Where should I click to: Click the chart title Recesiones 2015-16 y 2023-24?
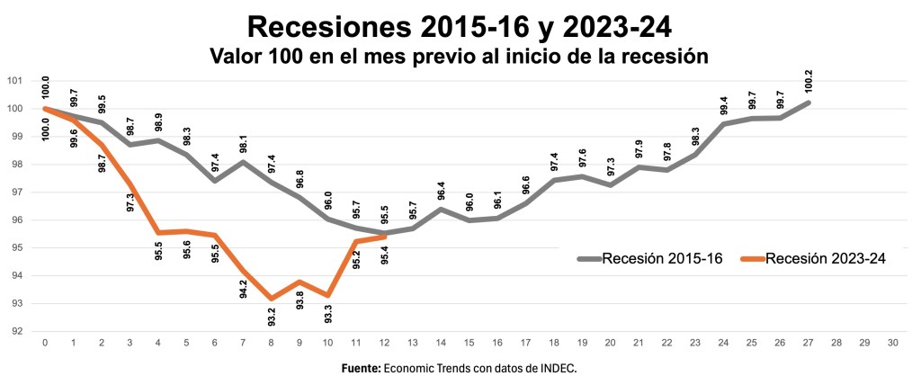coord(459,25)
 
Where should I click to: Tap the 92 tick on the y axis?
coord(15,331)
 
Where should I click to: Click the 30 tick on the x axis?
coord(891,343)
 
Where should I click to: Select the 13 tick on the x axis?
coord(412,343)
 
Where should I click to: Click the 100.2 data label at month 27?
coord(808,80)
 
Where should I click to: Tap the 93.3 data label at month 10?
coord(328,316)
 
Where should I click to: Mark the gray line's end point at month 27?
coord(808,103)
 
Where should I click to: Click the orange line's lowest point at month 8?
coord(271,298)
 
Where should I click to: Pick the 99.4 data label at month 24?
coord(724,103)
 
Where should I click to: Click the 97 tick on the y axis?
coord(15,192)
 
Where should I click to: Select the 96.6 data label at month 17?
coord(526,184)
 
